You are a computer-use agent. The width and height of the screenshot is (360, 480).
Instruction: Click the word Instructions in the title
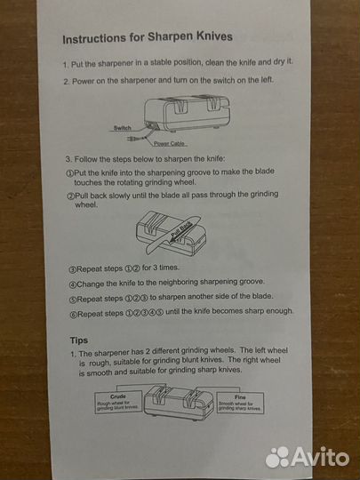click(94, 39)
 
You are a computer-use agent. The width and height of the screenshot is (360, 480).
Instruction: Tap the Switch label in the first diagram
click(123, 128)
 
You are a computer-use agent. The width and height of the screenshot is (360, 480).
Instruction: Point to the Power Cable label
click(170, 144)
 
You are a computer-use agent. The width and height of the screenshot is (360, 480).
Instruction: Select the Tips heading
click(79, 340)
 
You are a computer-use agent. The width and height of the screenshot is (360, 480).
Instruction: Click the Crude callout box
click(118, 402)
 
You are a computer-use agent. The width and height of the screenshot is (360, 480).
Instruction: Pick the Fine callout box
click(240, 403)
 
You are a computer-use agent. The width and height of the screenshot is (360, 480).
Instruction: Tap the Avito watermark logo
click(307, 458)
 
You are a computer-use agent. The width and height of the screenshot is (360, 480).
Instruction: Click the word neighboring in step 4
click(178, 283)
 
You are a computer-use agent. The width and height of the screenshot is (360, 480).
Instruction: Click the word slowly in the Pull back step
click(120, 196)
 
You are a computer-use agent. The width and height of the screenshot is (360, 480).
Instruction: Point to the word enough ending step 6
click(279, 311)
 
